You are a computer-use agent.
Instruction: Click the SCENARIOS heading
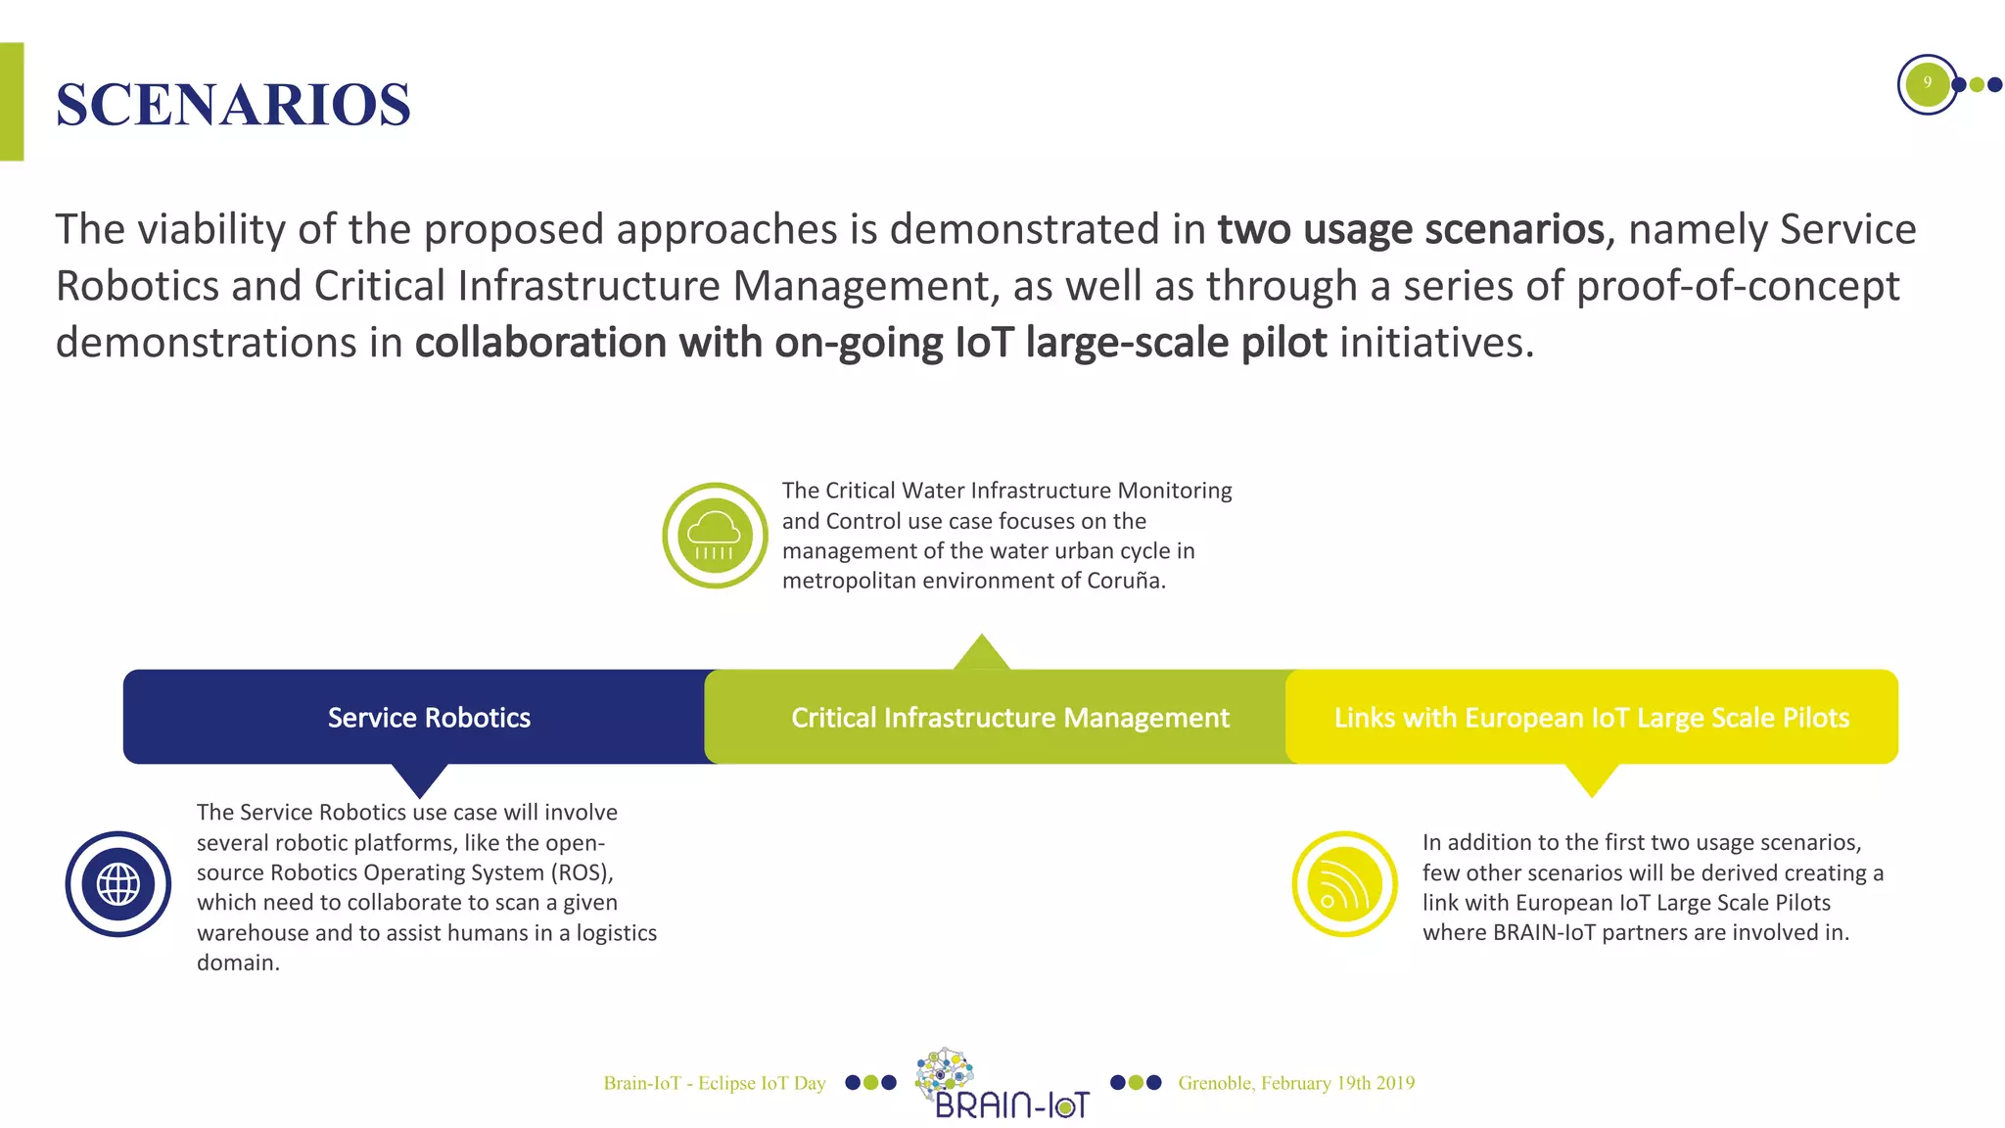[x=233, y=104]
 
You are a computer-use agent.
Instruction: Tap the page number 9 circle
[x=1927, y=83]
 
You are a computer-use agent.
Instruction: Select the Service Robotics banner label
[x=429, y=718]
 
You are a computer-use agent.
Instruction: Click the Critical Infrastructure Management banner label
[x=1009, y=718]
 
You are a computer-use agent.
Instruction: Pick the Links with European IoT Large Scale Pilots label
[x=1591, y=718]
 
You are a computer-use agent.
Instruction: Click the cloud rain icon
[x=715, y=536]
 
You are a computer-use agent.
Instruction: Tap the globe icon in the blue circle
[x=118, y=884]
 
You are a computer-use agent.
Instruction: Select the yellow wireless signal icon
[x=1344, y=884]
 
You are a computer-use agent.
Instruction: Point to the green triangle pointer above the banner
[x=981, y=654]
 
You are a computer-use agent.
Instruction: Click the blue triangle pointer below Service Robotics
[x=420, y=778]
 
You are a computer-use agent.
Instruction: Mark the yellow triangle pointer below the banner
[x=1591, y=778]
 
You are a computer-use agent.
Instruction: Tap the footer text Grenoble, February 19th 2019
[x=1296, y=1083]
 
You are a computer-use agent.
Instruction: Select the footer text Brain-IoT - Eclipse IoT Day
[x=715, y=1083]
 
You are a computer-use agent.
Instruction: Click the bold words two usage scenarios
[x=1410, y=229]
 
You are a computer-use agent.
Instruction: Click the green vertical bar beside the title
[x=11, y=102]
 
